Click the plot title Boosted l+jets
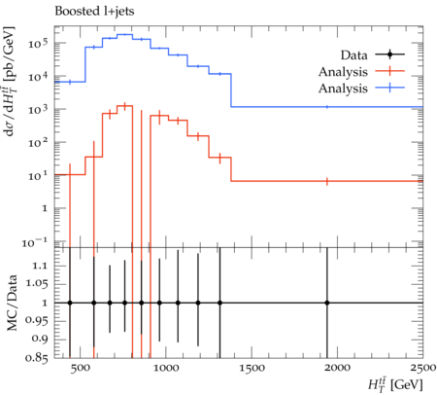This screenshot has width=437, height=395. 94,12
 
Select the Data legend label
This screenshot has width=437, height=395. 353,55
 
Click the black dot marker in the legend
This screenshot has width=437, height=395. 390,54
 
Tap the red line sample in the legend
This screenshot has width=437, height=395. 390,71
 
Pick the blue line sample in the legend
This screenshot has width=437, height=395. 390,88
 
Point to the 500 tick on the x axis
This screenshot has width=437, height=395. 80,368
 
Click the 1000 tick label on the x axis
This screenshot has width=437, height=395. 166,368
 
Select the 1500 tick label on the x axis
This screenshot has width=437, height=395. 252,368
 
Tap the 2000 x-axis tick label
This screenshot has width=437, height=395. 338,368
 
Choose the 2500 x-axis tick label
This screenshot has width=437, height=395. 423,368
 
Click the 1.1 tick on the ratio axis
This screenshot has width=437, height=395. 40,266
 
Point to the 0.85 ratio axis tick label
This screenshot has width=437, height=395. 36,358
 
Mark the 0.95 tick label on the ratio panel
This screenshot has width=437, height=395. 36,321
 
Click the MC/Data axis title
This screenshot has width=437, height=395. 12,303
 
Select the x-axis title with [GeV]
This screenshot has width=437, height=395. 395,384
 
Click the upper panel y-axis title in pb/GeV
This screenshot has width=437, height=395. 9,81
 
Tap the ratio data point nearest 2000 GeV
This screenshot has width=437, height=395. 327,303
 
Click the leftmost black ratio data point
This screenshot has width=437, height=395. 70,303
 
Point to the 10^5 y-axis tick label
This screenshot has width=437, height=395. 38,43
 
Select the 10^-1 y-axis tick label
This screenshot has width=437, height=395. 35,242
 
